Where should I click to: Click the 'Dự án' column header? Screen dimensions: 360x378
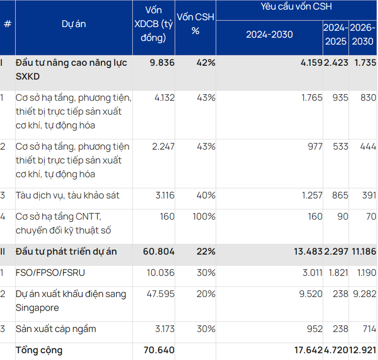[x=74, y=24]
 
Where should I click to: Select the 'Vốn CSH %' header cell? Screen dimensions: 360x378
[x=196, y=24]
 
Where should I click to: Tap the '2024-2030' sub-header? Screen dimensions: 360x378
[x=269, y=35]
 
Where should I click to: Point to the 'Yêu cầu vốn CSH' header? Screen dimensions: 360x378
[x=296, y=7]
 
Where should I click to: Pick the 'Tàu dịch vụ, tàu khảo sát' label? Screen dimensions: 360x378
[x=68, y=195]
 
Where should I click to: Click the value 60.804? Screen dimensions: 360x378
[x=158, y=251]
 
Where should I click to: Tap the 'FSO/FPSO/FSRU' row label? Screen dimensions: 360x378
[x=50, y=272]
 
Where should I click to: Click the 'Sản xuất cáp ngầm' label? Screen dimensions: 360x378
[x=56, y=329]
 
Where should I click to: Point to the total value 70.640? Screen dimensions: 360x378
[x=159, y=350]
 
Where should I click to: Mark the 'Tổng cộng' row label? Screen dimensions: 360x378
[x=39, y=350]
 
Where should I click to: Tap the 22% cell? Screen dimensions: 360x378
[x=205, y=251]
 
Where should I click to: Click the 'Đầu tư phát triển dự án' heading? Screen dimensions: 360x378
[x=66, y=251]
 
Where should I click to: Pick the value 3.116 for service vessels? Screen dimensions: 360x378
[x=163, y=195]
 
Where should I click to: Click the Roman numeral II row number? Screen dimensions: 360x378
[x=3, y=251]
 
